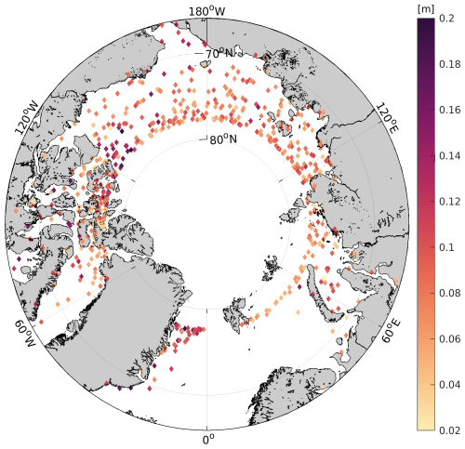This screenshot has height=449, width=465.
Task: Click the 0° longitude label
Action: coord(208,437)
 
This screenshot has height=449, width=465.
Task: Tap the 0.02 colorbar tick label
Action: coord(450,429)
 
